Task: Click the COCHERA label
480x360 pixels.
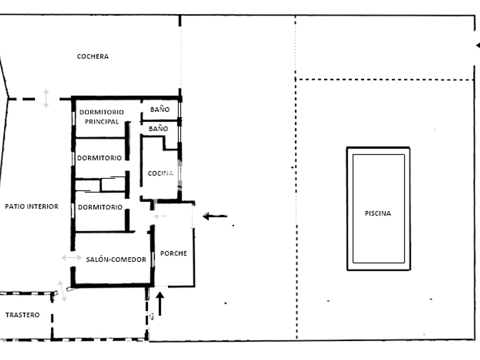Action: click(93, 57)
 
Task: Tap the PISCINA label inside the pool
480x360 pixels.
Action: click(378, 214)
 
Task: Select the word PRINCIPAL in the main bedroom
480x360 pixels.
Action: click(102, 122)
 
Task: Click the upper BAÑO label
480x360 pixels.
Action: click(159, 109)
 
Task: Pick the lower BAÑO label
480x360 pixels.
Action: click(158, 129)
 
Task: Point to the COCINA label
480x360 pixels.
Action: click(161, 174)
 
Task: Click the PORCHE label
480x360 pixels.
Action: click(173, 254)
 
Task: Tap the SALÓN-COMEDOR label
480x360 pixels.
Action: click(116, 259)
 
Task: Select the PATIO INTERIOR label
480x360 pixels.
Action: click(31, 207)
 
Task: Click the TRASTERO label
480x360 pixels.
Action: click(22, 315)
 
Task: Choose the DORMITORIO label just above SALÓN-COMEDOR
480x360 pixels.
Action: click(99, 207)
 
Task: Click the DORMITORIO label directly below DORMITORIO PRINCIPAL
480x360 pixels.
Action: click(99, 158)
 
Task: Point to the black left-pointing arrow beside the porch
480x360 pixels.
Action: click(215, 217)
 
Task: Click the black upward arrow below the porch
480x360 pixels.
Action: click(160, 303)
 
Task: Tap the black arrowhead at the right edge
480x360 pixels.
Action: click(477, 45)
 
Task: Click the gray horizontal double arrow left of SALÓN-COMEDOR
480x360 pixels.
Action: click(71, 258)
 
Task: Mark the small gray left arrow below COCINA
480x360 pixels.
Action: click(161, 216)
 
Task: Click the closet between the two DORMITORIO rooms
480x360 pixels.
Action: click(101, 185)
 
